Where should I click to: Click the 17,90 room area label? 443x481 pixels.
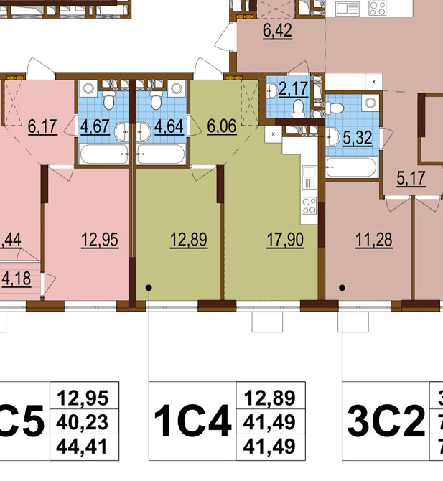click(285, 240)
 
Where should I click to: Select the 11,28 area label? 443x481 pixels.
click(373, 240)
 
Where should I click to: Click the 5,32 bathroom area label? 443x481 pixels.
click(357, 138)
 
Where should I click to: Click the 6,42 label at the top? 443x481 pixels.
click(278, 32)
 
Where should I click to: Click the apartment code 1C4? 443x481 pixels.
click(192, 421)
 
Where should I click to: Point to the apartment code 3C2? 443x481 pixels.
click(386, 421)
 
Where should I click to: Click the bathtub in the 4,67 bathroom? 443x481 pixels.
click(104, 154)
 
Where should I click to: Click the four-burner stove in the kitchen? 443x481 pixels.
click(309, 205)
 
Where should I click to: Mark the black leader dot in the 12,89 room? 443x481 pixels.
click(149, 288)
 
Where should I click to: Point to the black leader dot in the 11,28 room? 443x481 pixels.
click(342, 288)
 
